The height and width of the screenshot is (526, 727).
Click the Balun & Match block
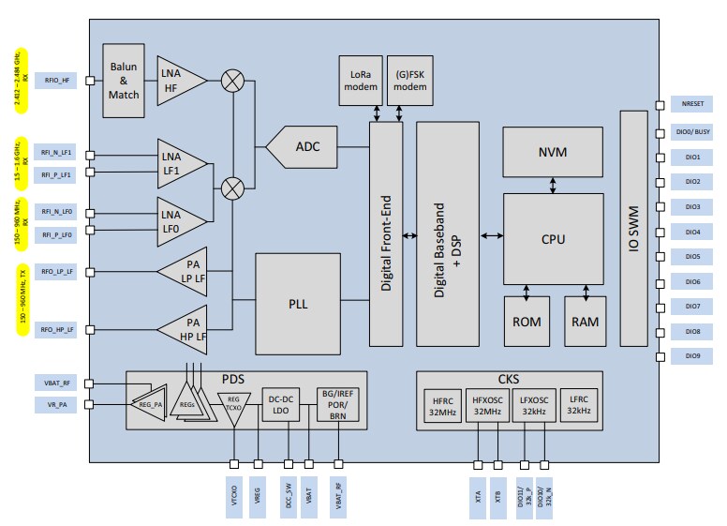124,81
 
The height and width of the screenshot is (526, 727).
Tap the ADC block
306,146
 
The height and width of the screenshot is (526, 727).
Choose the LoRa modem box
360,80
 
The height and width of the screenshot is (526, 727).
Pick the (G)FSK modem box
409,80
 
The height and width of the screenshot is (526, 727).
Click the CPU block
553,239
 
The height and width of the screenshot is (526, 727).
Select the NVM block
553,152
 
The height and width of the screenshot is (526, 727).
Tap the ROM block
527,321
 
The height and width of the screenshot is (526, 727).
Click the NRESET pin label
692,106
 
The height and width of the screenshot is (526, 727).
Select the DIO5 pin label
692,256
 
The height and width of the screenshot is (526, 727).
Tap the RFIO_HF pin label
56,81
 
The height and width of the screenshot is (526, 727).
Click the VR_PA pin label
56,404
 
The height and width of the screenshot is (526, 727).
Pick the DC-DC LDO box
282,405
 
